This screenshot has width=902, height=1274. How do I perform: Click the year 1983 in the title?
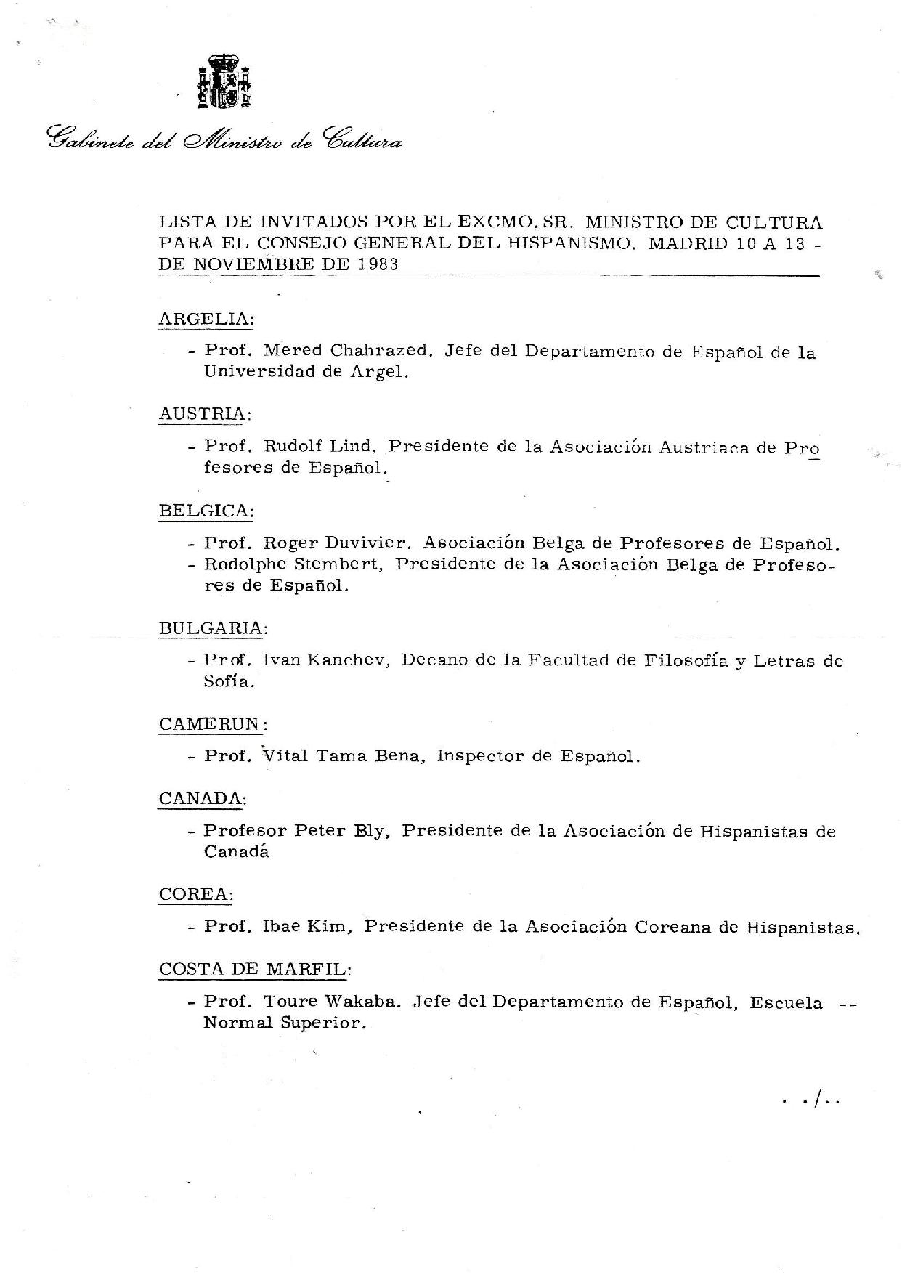[x=378, y=265]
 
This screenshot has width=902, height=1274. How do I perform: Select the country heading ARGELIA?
[x=206, y=319]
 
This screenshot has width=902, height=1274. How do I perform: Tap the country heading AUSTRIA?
[x=203, y=414]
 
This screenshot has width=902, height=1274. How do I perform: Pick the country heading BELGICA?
[x=206, y=511]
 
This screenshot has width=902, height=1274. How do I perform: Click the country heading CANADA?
[x=201, y=799]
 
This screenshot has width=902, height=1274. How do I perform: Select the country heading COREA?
[x=194, y=894]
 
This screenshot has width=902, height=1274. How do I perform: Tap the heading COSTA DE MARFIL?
[x=255, y=969]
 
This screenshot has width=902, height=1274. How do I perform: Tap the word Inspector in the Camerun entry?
[x=480, y=756]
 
